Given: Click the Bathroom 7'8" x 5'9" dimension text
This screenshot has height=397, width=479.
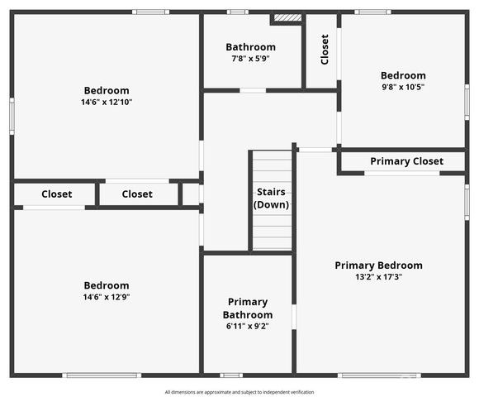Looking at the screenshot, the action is click(x=250, y=59).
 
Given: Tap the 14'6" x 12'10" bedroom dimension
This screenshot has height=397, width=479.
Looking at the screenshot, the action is click(x=107, y=102).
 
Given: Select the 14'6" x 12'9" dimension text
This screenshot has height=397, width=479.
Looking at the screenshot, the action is click(x=107, y=297).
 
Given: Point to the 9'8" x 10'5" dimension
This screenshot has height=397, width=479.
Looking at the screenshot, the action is click(x=403, y=87).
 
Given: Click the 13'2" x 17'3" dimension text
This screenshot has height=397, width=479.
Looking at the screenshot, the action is click(x=378, y=277).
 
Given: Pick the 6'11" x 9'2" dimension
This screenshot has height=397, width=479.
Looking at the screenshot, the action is click(x=248, y=326).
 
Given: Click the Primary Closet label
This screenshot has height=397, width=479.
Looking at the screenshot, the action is click(x=406, y=161).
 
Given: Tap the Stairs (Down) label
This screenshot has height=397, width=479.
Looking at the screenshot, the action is click(x=271, y=198).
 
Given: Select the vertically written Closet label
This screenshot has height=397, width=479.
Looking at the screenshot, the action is click(x=325, y=50).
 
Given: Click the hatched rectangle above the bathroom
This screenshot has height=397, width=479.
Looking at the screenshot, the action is click(x=287, y=17).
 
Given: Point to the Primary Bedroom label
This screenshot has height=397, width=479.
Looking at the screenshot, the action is click(x=379, y=265).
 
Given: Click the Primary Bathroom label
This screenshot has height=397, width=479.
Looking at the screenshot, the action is click(x=248, y=308).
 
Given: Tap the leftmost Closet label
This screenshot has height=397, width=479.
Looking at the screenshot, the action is click(x=57, y=194).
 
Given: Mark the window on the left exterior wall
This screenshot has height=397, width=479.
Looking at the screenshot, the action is click(x=12, y=117).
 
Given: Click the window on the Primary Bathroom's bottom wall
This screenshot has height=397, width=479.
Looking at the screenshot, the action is click(x=231, y=375).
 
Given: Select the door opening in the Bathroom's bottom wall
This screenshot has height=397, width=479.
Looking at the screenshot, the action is click(x=253, y=90).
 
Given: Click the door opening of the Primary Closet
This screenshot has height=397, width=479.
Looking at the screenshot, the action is click(x=402, y=174).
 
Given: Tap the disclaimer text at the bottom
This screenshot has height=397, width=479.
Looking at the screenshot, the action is click(x=239, y=392).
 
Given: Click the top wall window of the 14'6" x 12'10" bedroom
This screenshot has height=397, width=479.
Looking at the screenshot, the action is click(x=150, y=12).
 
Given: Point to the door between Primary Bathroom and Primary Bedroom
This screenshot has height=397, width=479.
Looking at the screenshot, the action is click(x=294, y=317).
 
